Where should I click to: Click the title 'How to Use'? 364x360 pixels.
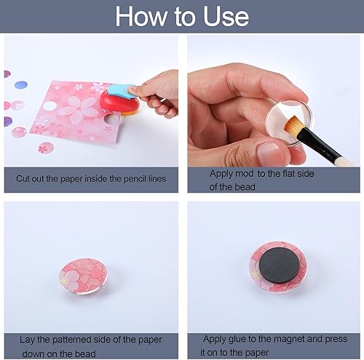coord(182,16)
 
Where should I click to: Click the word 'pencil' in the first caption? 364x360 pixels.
coord(124,178)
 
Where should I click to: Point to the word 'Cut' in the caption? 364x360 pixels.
coord(23,178)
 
